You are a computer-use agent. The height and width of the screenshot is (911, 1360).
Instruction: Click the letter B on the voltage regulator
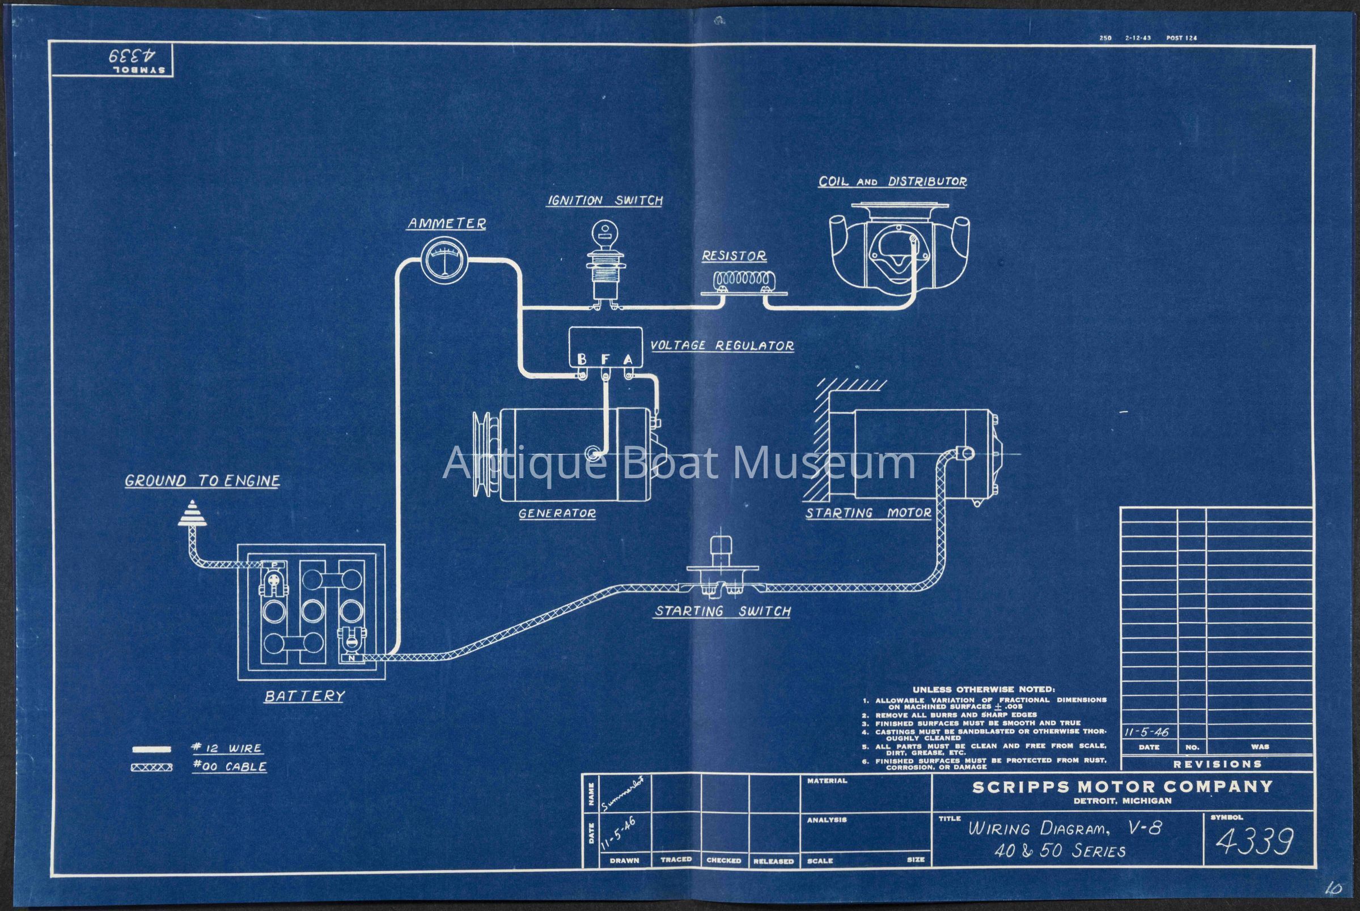(581, 359)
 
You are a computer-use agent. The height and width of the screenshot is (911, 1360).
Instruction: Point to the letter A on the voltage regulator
(628, 359)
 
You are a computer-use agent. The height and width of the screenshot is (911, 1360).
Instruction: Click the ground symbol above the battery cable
(192, 513)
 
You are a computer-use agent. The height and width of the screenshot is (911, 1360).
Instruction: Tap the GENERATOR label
(557, 514)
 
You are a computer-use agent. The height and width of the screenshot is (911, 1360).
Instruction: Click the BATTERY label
(304, 696)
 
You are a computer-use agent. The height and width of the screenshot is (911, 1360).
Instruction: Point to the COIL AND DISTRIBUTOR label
(892, 181)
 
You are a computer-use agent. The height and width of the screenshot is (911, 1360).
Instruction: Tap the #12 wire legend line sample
(152, 749)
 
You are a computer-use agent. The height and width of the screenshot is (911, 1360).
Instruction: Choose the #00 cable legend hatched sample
(152, 768)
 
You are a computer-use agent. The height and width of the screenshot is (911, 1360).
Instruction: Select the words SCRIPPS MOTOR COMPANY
(1122, 787)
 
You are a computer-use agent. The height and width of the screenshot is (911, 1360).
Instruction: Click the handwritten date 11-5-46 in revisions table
(1146, 733)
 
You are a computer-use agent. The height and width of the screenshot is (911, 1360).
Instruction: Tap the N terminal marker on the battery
(351, 658)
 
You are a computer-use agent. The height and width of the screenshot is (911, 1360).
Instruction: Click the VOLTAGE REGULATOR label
(722, 346)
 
